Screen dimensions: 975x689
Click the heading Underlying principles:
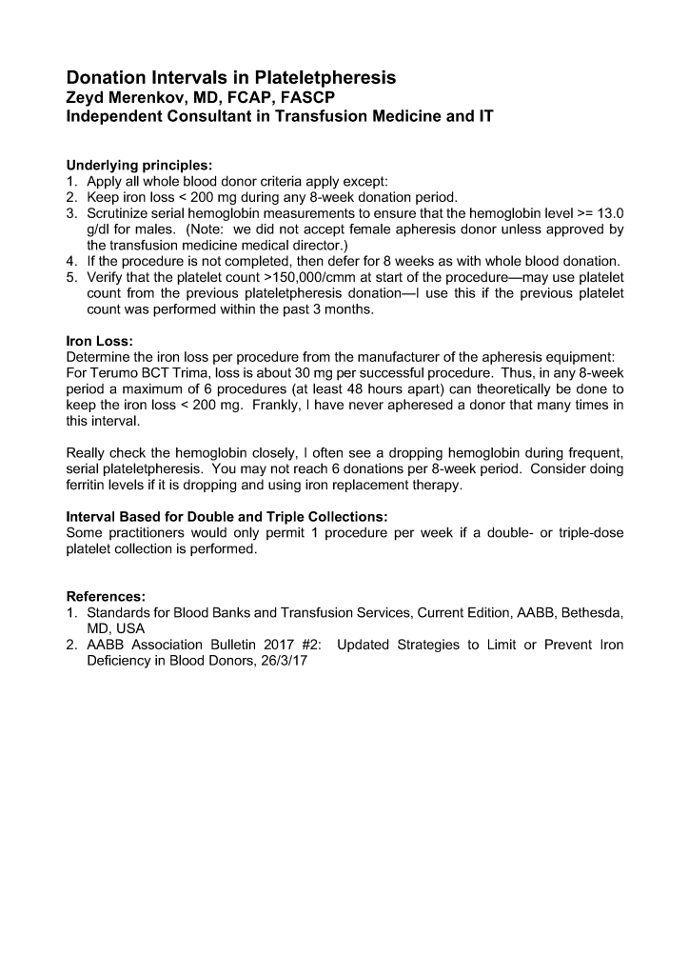coord(139,164)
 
